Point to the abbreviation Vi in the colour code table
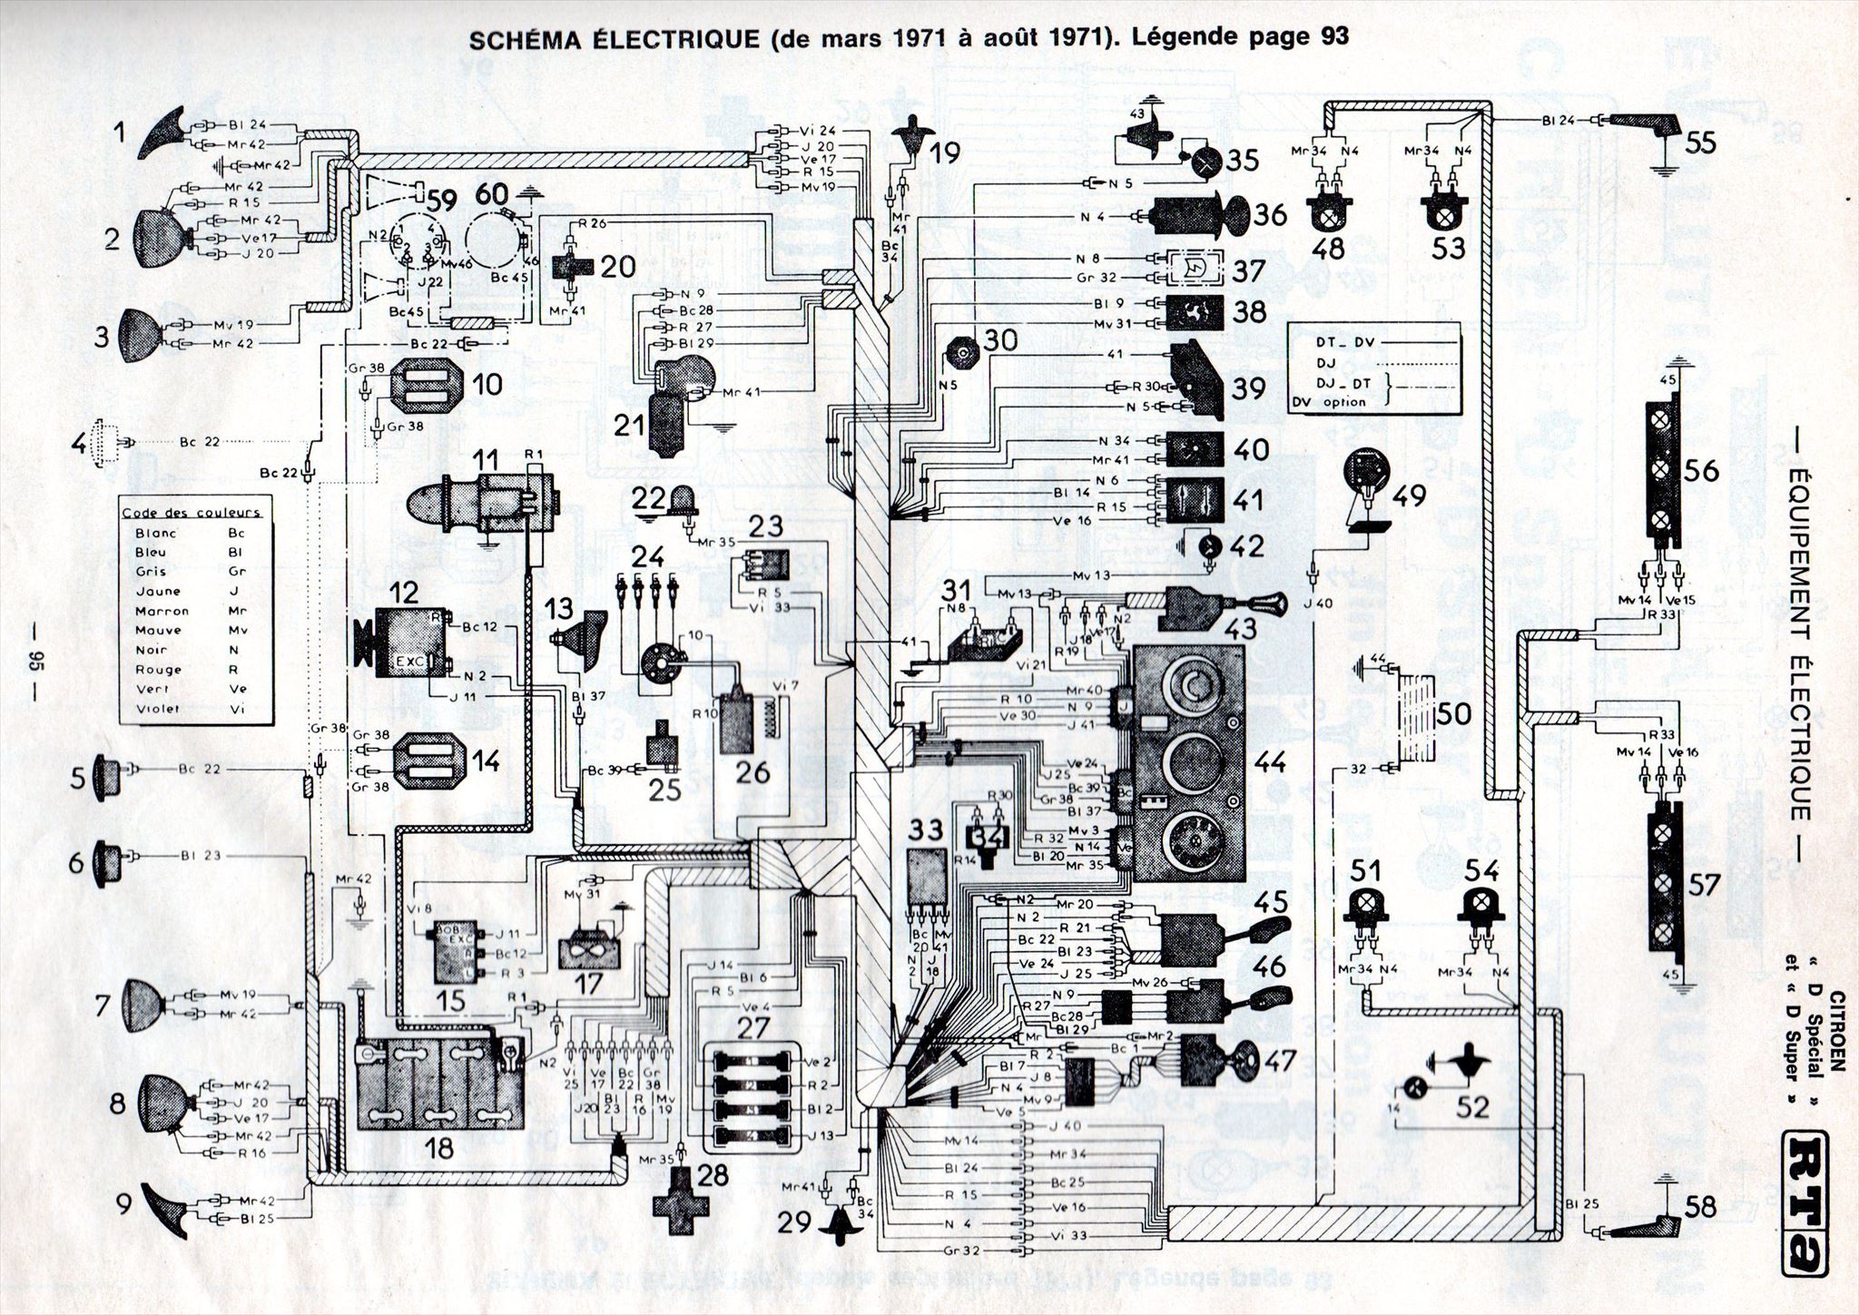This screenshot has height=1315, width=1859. (238, 709)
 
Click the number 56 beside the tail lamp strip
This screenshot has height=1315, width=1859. (1702, 470)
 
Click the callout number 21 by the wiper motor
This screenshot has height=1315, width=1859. (629, 426)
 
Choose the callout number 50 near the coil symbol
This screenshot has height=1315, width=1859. (1454, 714)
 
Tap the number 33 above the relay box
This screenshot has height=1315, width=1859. (926, 829)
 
